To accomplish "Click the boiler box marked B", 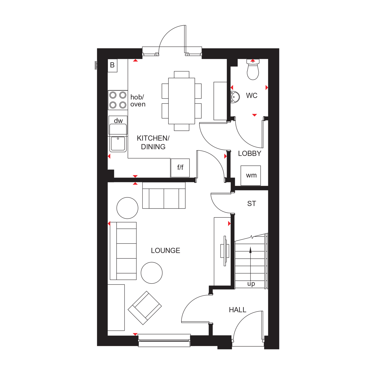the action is tap(112, 66).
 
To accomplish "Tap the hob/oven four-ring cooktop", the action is tap(118, 100).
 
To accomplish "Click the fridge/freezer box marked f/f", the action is tap(180, 168).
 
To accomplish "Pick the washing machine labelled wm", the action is tap(251, 175).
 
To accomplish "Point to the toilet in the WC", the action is tap(253, 69).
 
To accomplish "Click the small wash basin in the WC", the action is tap(235, 97).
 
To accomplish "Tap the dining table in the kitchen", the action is tap(182, 101).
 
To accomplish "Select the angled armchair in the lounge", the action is tap(145, 308).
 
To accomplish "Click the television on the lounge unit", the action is tap(225, 251).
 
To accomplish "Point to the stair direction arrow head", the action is tap(250, 250).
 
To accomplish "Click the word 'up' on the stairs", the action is tap(251, 284).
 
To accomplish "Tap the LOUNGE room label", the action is tap(165, 251).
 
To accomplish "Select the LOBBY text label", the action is tap(249, 154).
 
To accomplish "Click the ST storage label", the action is tap(252, 204).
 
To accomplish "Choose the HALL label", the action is tap(238, 310).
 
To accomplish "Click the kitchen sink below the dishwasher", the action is tap(118, 144).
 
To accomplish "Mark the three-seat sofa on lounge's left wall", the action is tap(123, 251).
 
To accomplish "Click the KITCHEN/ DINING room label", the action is tap(153, 142).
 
